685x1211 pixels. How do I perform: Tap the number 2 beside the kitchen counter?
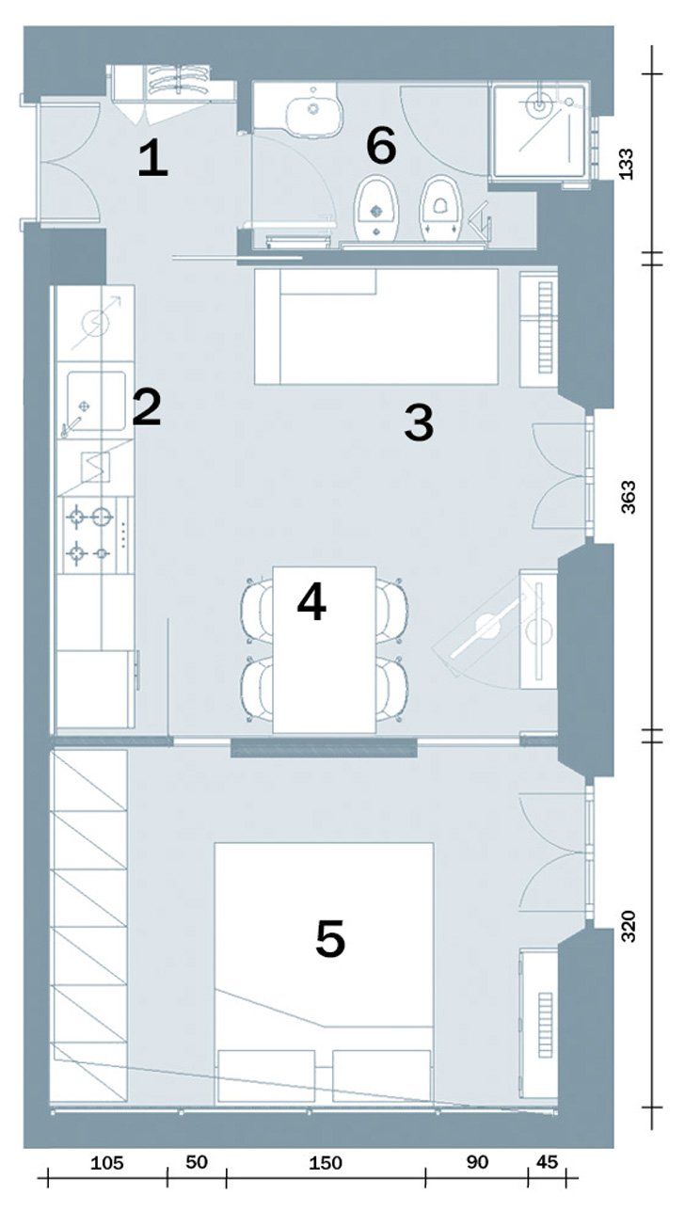tap(147, 407)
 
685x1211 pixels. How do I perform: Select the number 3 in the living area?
tap(419, 423)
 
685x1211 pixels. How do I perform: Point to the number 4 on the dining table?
tap(311, 602)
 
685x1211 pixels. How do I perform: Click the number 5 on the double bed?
tap(330, 939)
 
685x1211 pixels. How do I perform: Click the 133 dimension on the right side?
tap(628, 163)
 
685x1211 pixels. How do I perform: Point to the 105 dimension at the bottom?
tap(106, 1162)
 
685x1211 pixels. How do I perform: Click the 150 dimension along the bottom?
tap(325, 1162)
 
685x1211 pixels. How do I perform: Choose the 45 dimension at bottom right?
tap(545, 1162)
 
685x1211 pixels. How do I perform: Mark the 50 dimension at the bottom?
tap(196, 1162)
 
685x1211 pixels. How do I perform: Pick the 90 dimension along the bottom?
tap(477, 1162)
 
